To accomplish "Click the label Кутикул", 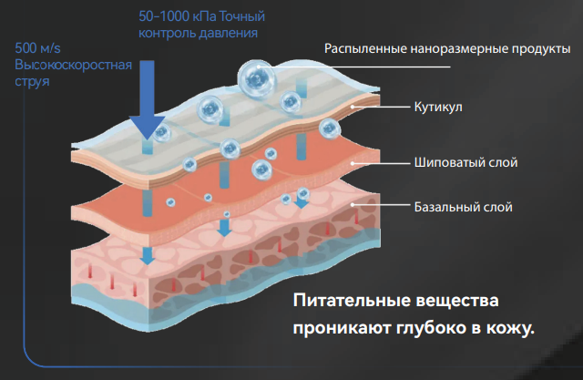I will [439, 108].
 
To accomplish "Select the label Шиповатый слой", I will [465, 164].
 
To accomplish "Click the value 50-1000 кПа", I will [175, 16].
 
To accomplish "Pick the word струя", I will [33, 81].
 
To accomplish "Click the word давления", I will [226, 33].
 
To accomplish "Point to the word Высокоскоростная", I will [73, 65].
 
